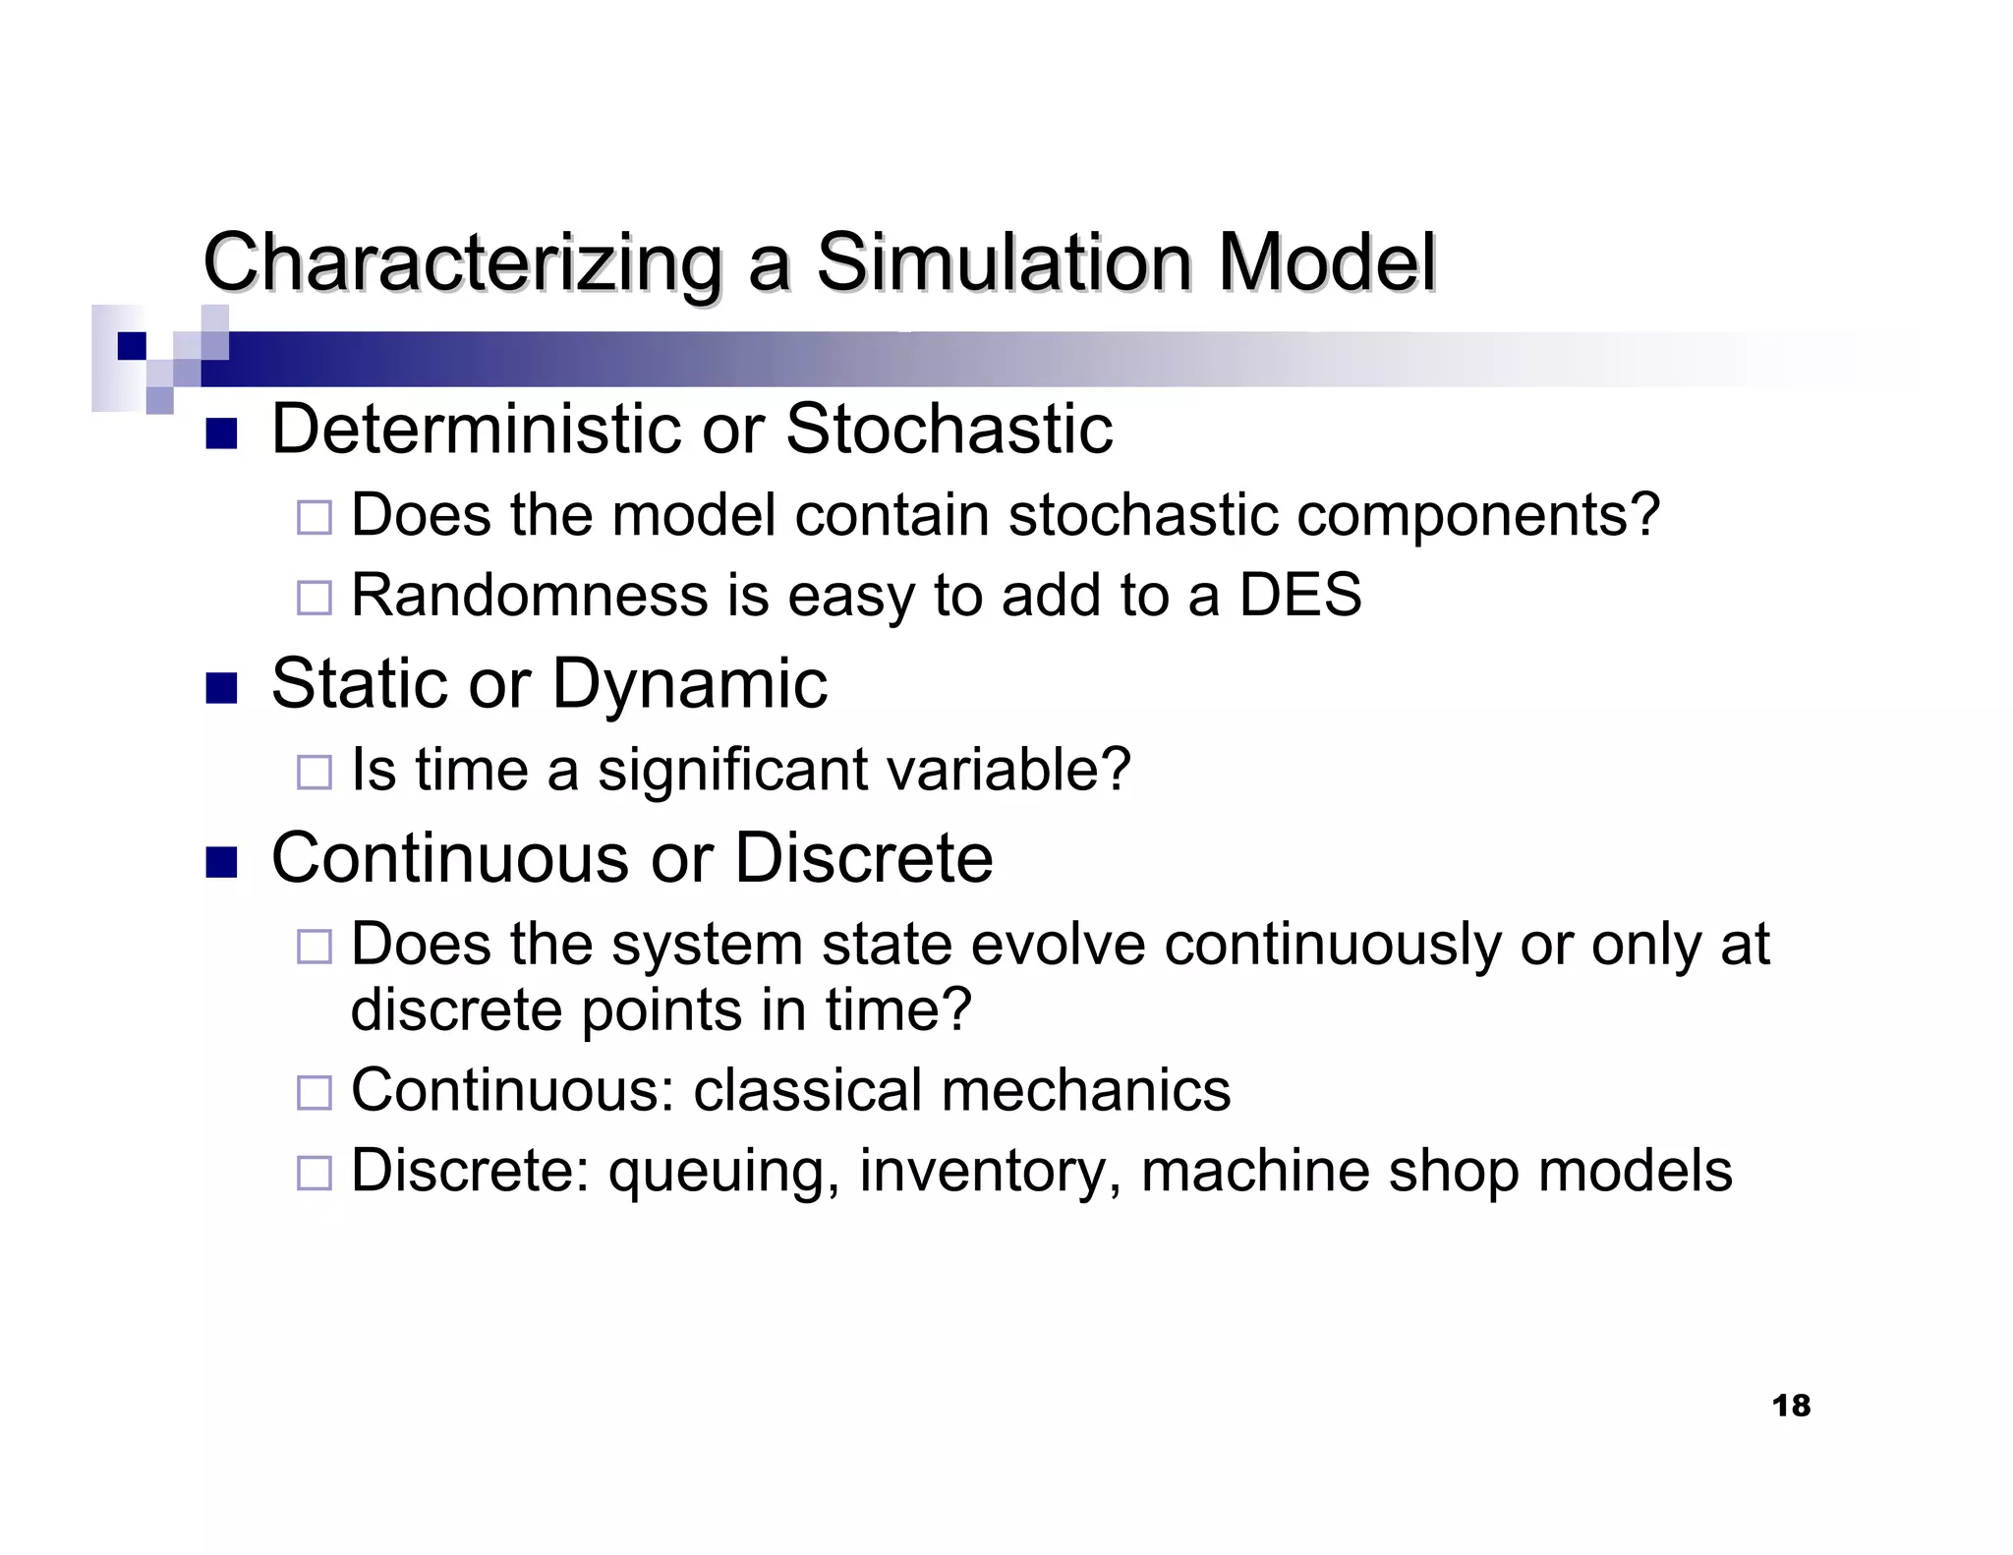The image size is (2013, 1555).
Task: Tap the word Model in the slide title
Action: pyautogui.click(x=1327, y=263)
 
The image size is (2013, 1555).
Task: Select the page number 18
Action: pyautogui.click(x=1790, y=1406)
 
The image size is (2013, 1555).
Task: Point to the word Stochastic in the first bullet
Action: pyautogui.click(x=949, y=430)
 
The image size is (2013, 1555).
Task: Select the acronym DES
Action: pyautogui.click(x=1299, y=595)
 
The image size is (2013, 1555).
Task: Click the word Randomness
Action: pyautogui.click(x=529, y=595)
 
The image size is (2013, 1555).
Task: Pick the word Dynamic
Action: pyautogui.click(x=689, y=683)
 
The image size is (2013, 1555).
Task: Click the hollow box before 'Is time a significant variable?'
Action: pyautogui.click(x=314, y=772)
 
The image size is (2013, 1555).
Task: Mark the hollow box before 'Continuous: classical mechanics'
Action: pyautogui.click(x=314, y=1092)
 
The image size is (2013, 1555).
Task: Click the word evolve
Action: pyautogui.click(x=1058, y=945)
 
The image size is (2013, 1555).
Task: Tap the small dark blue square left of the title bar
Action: pyautogui.click(x=131, y=346)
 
